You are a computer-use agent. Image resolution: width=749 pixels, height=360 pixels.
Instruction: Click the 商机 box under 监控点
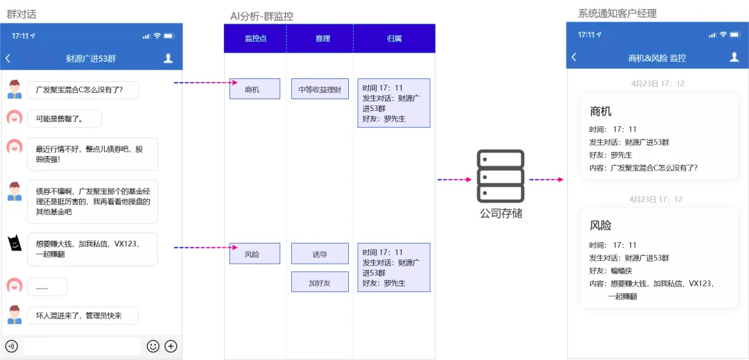[x=255, y=89]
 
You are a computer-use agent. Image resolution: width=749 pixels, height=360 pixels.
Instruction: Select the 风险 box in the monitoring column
[x=255, y=254]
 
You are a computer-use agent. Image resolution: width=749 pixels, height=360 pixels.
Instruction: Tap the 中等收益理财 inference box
[x=320, y=89]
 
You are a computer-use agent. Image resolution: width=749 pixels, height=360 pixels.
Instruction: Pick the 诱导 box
[x=320, y=254]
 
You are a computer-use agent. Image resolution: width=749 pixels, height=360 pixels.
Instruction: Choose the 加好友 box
[x=320, y=282]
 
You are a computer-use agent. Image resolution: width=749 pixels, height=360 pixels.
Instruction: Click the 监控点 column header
[x=255, y=39]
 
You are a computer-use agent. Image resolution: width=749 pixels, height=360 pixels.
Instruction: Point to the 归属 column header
[x=395, y=39]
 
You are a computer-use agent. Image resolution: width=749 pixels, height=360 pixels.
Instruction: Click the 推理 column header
[x=323, y=39]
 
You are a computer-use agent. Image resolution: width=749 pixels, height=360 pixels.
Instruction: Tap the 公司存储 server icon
[x=501, y=175]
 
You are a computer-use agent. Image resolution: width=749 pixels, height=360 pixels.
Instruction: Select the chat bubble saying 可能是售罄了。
[x=64, y=119]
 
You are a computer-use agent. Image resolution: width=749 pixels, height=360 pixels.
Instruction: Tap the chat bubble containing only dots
[x=47, y=287]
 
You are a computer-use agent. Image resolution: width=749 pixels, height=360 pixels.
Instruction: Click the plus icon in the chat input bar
[x=171, y=346]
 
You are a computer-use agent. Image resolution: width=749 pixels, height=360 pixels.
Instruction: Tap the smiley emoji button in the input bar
[x=153, y=346]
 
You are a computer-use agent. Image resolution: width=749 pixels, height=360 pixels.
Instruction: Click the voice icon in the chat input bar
[x=12, y=346]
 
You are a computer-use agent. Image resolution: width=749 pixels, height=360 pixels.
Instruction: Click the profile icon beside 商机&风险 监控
[x=734, y=58]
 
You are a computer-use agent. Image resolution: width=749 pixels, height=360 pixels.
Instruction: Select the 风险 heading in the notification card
[x=601, y=225]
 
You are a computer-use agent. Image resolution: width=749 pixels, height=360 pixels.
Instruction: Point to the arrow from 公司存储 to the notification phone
[x=546, y=180]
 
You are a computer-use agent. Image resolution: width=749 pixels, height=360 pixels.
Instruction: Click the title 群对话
[x=21, y=15]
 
